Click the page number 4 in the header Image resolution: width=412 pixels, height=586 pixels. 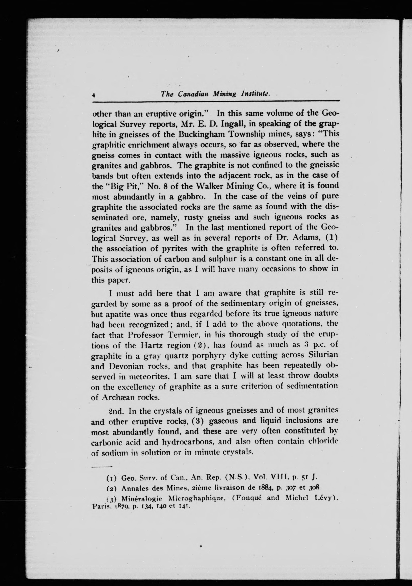coord(94,95)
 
